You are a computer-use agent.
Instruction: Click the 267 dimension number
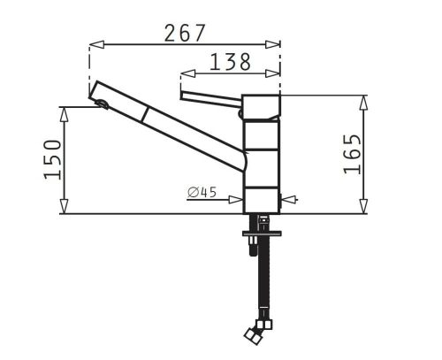click(184, 33)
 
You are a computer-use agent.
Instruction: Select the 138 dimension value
click(230, 62)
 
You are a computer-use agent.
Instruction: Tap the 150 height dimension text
click(53, 159)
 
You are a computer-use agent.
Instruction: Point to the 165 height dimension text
click(352, 154)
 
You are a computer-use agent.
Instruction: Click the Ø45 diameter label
click(202, 192)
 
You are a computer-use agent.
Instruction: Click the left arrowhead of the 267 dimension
click(96, 44)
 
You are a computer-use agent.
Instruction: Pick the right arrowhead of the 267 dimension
click(272, 44)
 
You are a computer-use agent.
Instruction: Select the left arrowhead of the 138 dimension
click(188, 73)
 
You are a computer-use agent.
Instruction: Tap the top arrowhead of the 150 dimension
click(64, 114)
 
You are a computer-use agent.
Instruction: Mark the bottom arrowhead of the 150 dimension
click(64, 206)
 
